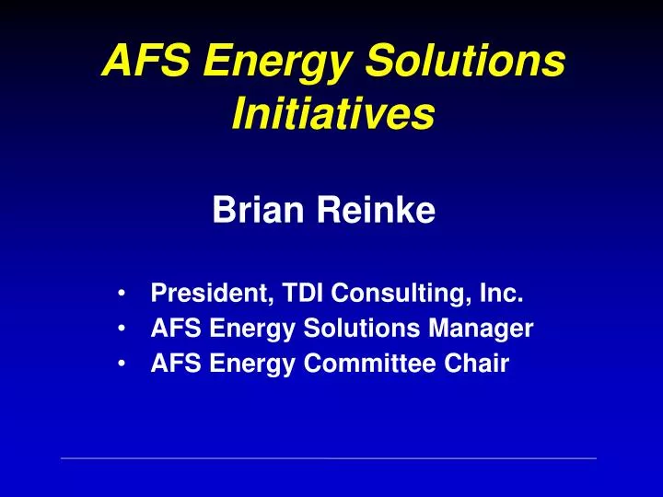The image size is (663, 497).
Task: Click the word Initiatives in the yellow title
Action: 333,115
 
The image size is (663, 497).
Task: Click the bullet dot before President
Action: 122,295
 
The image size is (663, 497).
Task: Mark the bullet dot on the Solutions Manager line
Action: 122,329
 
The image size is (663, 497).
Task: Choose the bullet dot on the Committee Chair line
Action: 122,364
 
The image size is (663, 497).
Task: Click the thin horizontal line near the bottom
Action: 328,457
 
